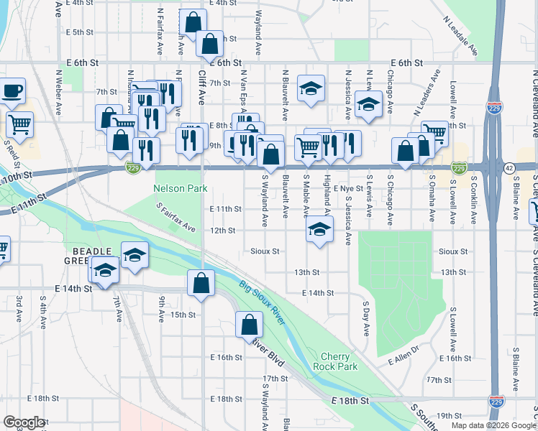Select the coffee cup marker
coord(12,91)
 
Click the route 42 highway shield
coord(509,167)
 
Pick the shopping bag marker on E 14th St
coord(201,282)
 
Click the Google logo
coord(24,422)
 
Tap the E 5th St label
coord(79,32)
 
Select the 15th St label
coord(183,315)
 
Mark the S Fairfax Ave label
coord(176,217)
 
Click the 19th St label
coord(448,415)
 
